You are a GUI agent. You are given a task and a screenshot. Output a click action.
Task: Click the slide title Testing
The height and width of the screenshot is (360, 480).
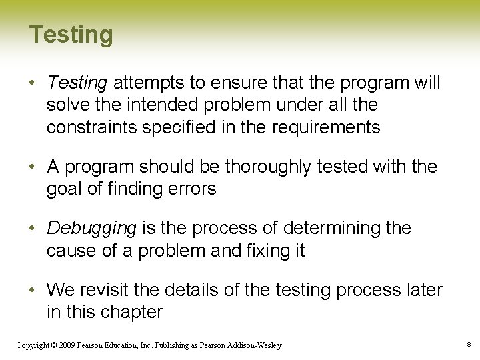point(71,35)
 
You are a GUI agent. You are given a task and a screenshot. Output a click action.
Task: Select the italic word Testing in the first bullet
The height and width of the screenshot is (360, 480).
point(77,83)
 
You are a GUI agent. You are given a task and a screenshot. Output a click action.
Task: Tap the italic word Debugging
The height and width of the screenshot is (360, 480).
point(91,228)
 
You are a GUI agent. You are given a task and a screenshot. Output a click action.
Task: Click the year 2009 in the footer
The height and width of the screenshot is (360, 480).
point(67,345)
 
